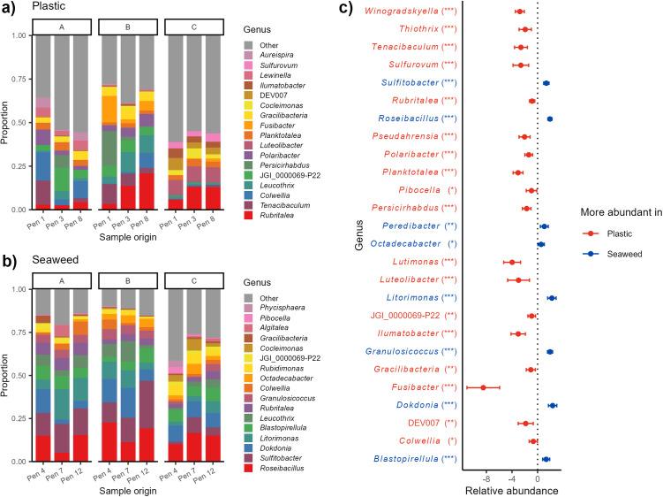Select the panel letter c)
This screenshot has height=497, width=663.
346,10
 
